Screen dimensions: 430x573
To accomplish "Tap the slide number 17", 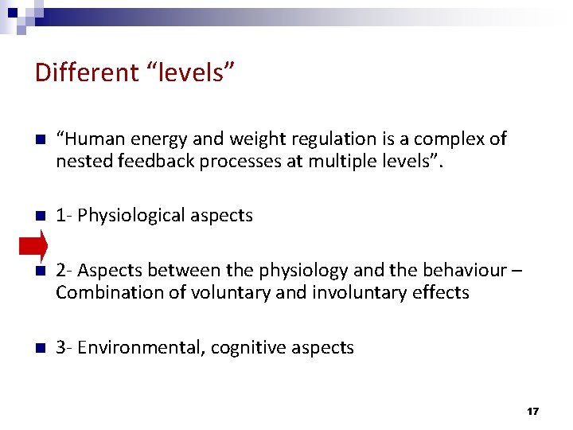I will tap(532, 411).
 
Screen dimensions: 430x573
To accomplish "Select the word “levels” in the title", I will tap(189, 72).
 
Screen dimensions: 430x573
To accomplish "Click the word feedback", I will tap(148, 161).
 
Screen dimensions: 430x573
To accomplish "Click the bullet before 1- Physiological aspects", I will tap(41, 216).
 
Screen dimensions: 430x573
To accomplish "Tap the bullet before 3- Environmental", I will tap(41, 348).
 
